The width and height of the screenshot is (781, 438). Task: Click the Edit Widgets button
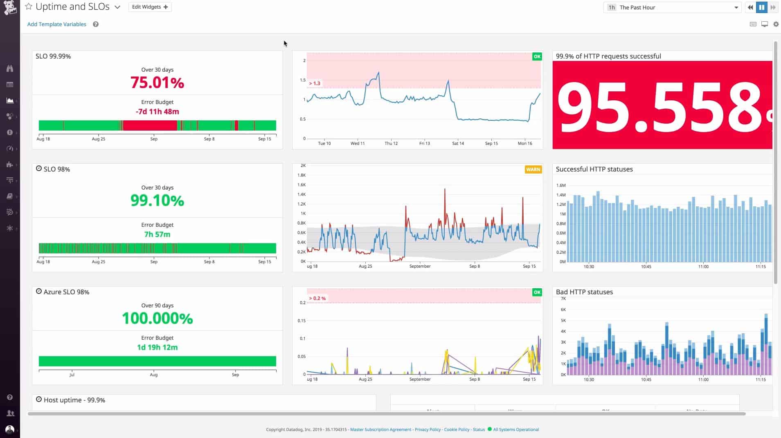click(150, 7)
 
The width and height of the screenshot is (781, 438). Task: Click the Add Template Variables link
click(56, 24)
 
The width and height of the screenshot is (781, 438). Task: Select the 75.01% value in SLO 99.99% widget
click(157, 83)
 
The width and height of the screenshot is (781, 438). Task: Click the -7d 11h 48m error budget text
click(157, 111)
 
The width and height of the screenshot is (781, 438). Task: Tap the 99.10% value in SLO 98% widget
click(157, 201)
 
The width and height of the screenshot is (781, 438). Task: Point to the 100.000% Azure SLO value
click(157, 318)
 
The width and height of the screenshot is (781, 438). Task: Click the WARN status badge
click(533, 169)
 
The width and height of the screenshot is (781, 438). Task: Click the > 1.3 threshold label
click(315, 84)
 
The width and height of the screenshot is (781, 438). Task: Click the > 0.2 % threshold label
click(317, 298)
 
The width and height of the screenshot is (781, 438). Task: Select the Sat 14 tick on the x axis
click(458, 143)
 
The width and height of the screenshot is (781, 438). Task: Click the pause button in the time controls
click(761, 7)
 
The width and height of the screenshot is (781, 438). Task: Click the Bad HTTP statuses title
click(584, 292)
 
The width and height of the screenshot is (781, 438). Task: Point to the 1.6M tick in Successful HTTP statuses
click(560, 185)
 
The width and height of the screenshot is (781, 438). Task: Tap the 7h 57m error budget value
click(157, 235)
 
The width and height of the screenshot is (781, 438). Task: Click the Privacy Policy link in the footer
click(428, 429)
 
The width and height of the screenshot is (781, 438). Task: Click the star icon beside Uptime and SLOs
click(29, 7)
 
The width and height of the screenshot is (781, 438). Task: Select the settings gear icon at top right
click(776, 24)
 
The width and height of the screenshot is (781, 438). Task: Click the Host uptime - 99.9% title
click(74, 400)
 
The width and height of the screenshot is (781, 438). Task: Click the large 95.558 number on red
click(662, 106)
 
